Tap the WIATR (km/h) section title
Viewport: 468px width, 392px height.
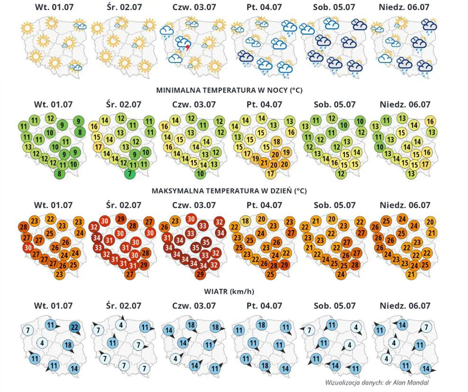(229, 291)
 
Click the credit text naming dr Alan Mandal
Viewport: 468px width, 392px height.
(377, 383)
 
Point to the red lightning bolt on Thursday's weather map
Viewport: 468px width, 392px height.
(188, 47)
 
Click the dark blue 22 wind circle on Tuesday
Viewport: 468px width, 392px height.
(74, 327)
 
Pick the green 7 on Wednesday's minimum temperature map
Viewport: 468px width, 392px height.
(130, 174)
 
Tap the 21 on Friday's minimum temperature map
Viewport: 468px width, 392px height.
(263, 163)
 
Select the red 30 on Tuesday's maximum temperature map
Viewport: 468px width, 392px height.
(28, 247)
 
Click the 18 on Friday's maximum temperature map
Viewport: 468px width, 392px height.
(246, 221)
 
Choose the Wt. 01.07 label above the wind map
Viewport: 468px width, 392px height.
(53, 306)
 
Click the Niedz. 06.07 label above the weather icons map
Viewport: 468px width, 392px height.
(404, 7)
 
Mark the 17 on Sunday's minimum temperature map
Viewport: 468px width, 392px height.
(425, 164)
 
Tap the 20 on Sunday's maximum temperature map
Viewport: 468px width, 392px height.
(430, 222)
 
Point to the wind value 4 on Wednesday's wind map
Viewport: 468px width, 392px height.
(121, 325)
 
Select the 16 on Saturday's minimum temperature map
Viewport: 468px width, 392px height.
(334, 162)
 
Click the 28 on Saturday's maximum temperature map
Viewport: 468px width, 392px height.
(355, 265)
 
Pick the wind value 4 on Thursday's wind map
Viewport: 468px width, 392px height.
(175, 358)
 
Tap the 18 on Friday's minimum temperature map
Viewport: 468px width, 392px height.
(277, 142)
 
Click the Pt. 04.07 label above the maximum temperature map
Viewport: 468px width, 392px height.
(264, 205)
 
